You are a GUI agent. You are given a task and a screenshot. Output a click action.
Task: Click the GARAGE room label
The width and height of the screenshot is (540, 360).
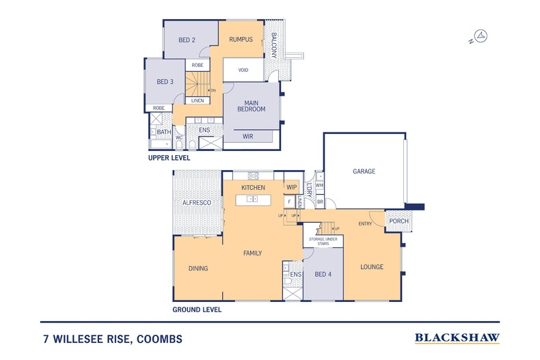point(364,171)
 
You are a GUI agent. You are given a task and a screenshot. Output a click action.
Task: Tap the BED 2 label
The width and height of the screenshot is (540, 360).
point(187,40)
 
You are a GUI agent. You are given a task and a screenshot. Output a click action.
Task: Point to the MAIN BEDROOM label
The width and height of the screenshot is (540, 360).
point(251,106)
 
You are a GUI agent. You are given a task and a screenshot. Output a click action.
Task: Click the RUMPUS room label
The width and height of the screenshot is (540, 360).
point(241,40)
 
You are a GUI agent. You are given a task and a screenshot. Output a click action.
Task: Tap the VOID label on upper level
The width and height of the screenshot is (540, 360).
point(243,70)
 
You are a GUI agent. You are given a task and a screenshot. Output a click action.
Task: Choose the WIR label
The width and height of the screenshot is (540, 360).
point(248,137)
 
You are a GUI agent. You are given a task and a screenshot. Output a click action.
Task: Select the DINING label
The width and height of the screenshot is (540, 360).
point(198,268)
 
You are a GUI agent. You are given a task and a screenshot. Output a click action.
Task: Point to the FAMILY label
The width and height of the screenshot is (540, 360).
point(253,253)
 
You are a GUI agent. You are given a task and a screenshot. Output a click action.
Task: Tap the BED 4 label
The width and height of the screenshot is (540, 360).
point(323,274)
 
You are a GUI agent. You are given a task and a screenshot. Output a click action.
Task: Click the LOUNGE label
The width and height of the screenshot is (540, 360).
point(372,266)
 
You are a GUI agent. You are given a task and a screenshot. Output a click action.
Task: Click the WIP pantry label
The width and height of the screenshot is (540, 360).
point(291,187)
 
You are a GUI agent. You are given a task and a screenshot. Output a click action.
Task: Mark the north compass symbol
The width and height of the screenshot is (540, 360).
point(481,37)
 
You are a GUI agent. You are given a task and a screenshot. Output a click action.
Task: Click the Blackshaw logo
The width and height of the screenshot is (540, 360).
point(457,337)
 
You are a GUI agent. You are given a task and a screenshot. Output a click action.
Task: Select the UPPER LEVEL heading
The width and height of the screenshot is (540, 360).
point(169,158)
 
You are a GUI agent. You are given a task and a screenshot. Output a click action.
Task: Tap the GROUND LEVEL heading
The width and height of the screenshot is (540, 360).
point(197,309)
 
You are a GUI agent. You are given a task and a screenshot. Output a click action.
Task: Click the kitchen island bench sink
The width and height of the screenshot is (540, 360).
point(252,199)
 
